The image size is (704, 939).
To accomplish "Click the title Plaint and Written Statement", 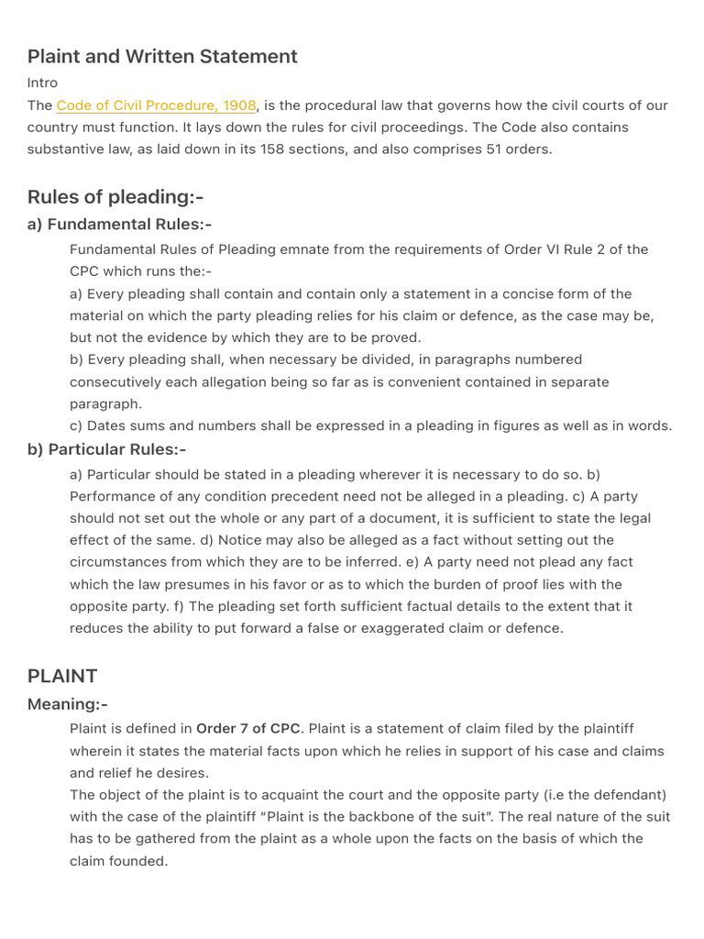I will [x=162, y=56].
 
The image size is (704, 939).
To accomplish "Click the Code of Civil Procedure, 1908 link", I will [x=156, y=105].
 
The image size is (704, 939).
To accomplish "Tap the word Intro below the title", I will [x=42, y=83].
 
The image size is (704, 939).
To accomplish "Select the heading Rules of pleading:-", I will [x=115, y=196].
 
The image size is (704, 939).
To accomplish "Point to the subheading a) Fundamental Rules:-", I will [x=119, y=224].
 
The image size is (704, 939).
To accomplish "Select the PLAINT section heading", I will [x=62, y=676].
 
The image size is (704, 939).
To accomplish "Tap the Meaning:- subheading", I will [x=67, y=704].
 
